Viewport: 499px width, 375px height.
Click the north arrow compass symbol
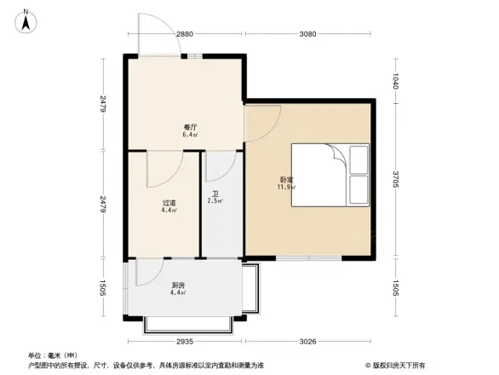point(26,20)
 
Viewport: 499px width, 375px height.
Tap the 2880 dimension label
point(186,34)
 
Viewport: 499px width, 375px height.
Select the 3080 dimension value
point(308,34)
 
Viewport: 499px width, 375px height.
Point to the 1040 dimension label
point(396,82)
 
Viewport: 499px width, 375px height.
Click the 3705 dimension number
point(396,180)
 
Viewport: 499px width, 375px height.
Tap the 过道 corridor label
point(169,203)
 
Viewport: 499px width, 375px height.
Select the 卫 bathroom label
point(215,193)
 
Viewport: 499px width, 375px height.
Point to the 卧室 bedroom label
point(286,180)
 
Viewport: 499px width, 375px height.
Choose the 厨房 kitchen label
point(178,286)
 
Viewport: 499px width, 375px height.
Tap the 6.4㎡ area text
point(190,134)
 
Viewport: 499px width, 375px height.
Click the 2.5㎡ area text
point(215,201)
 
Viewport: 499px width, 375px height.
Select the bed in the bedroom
point(330,174)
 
